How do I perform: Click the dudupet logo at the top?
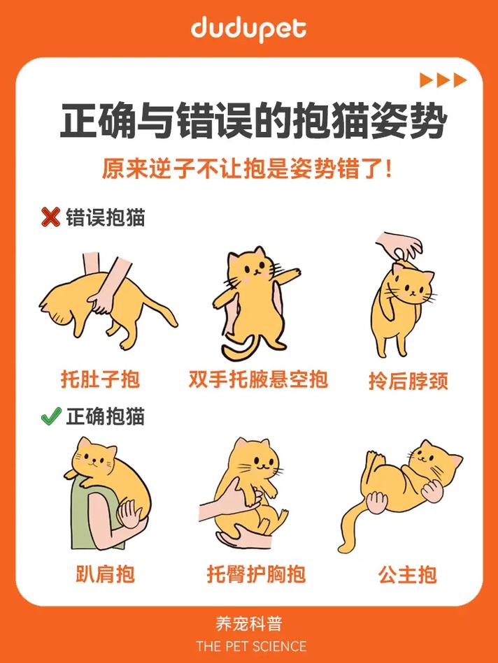tap(248, 29)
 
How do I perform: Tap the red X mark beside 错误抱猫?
tap(50, 217)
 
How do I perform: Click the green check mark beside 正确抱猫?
tap(50, 417)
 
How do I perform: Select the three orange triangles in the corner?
tap(443, 80)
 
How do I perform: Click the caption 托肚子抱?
tap(100, 379)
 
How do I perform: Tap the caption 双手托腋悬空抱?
tap(258, 379)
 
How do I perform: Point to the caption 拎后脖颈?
tap(408, 381)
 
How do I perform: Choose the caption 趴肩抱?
tap(105, 574)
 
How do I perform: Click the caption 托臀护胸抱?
tap(256, 574)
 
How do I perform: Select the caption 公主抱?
tap(408, 574)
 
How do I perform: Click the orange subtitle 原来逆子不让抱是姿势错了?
tap(248, 169)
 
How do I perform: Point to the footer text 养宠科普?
tap(250, 624)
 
